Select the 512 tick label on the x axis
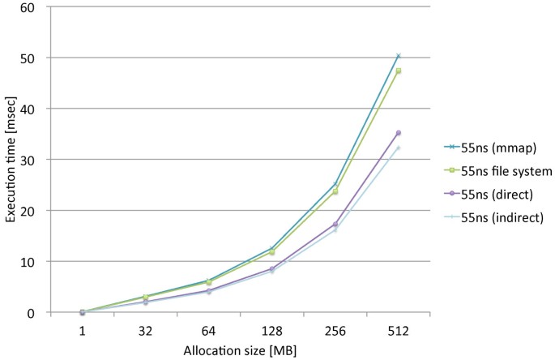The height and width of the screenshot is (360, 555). [398, 332]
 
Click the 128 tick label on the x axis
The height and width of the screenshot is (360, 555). [271, 332]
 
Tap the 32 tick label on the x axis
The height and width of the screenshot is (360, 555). [145, 332]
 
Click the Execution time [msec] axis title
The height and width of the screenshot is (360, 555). [11, 160]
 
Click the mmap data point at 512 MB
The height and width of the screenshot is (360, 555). [398, 56]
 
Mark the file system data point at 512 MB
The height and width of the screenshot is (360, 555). [398, 71]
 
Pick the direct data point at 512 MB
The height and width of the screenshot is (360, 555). [398, 133]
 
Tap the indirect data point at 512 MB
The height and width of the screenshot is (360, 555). [398, 148]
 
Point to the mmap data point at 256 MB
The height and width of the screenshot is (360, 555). [335, 185]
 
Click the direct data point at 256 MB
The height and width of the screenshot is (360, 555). [335, 225]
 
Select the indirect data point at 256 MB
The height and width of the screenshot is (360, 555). [335, 231]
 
